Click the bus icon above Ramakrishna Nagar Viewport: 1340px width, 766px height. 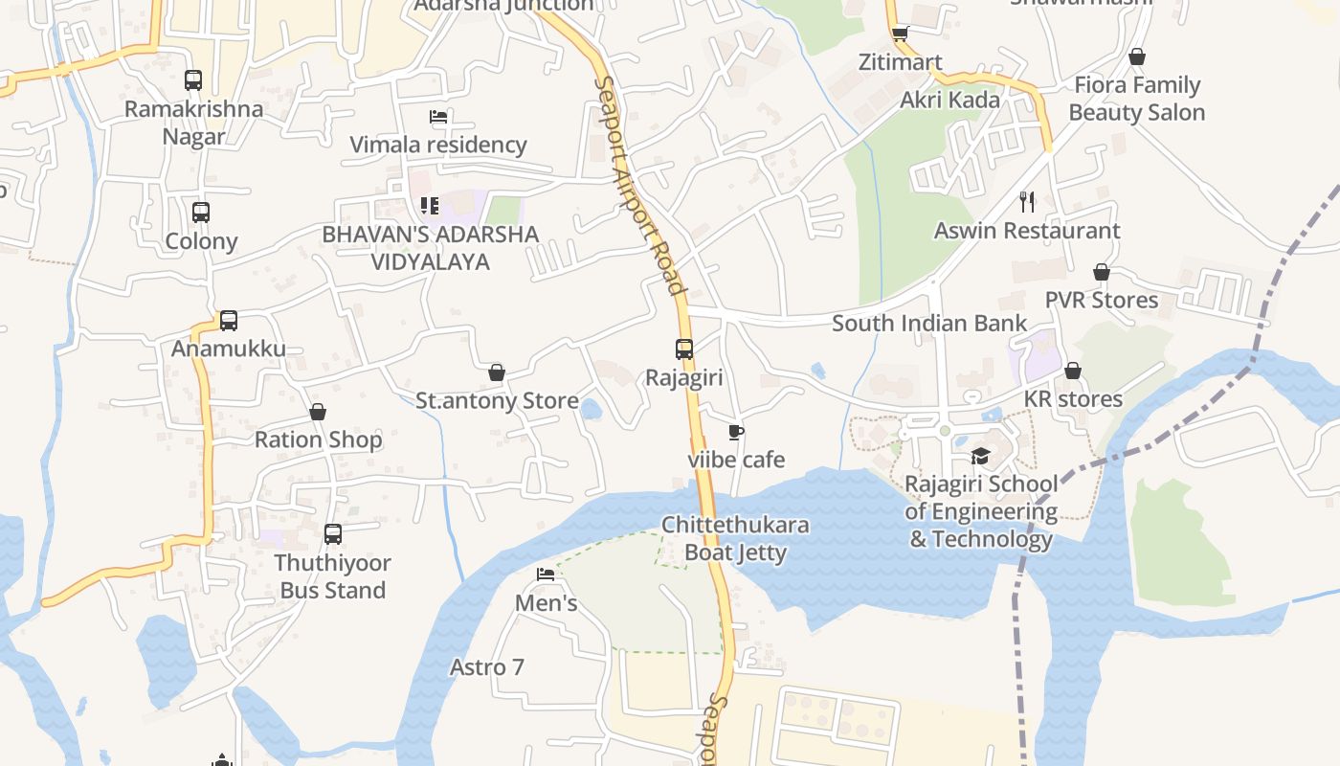[193, 80]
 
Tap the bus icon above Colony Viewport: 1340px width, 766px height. [201, 213]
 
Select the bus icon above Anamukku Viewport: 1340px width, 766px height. [228, 321]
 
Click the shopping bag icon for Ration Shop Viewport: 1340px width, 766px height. [318, 412]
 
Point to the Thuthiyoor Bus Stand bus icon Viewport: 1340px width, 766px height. [333, 534]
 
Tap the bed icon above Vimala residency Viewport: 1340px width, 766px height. [438, 118]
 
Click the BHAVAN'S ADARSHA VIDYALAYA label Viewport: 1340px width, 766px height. [431, 248]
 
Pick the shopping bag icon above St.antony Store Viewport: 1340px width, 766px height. [497, 372]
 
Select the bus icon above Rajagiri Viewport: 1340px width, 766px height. [684, 349]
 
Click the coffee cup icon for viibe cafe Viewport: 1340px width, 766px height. [735, 433]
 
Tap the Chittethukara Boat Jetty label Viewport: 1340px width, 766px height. [735, 539]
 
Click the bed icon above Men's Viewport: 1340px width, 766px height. [546, 574]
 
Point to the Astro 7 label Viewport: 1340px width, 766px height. [487, 667]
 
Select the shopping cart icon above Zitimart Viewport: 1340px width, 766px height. [900, 34]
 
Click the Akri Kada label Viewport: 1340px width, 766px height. [949, 100]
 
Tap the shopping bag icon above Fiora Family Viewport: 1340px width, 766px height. [1137, 57]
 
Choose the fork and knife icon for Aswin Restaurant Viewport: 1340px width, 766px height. [1028, 202]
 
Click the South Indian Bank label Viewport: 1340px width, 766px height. [929, 324]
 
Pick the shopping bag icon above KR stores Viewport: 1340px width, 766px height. [1073, 371]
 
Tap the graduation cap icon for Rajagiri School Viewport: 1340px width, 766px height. [980, 456]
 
